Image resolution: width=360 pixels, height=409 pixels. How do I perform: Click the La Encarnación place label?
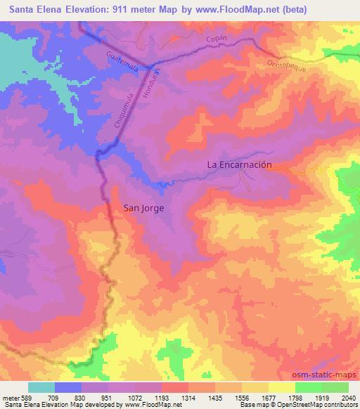coord(239,165)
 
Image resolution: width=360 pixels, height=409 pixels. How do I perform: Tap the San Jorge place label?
coord(145,207)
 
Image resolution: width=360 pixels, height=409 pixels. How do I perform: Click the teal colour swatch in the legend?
coord(41,387)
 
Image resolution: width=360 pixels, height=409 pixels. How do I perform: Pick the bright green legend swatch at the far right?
coord(335,387)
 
